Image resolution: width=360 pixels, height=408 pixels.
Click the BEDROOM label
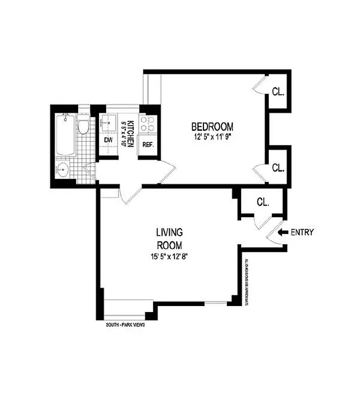[212, 126]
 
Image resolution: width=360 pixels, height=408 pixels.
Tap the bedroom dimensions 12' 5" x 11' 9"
[212, 137]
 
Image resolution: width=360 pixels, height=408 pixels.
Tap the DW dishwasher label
[108, 140]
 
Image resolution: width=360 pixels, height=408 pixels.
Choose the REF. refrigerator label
[148, 144]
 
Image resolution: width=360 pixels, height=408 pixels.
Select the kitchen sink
[109, 122]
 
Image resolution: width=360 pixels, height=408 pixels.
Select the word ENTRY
[302, 233]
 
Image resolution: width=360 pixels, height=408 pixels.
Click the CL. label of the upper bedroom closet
[278, 92]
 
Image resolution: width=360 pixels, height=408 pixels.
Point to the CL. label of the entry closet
[263, 202]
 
